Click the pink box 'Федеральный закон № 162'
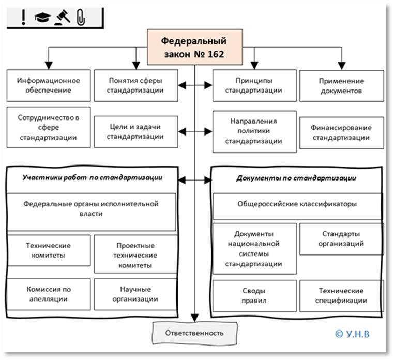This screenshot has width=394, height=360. [193, 46]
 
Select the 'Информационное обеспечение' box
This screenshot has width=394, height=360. [48, 85]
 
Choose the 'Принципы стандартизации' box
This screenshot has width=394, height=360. [255, 85]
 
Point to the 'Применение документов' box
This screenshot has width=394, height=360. [341, 85]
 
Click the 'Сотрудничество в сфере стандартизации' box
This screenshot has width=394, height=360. [48, 127]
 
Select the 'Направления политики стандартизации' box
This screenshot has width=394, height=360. [255, 131]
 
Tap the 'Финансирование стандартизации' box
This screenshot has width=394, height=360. [341, 132]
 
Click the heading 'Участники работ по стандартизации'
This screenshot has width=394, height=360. [93, 177]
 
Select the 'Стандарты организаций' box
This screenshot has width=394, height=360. [341, 239]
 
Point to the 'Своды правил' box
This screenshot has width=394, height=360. [255, 295]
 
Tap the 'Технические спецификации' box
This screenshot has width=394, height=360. [341, 295]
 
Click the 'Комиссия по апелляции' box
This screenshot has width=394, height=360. [48, 294]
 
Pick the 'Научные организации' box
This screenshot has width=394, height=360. [135, 294]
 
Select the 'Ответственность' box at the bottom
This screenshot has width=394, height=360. [194, 333]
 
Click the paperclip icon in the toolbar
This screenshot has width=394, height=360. [80, 18]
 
